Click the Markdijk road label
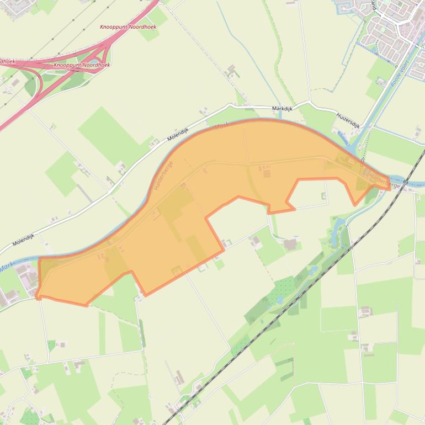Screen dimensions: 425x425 [281, 109]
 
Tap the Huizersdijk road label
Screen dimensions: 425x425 [348, 121]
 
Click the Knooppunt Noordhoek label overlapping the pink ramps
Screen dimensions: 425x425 [82, 65]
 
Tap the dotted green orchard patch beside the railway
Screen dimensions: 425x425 [285, 287]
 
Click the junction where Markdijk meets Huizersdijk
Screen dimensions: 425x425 [310, 103]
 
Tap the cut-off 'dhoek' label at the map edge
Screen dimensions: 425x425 [6, 61]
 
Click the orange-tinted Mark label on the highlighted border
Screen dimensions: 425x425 [220, 126]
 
